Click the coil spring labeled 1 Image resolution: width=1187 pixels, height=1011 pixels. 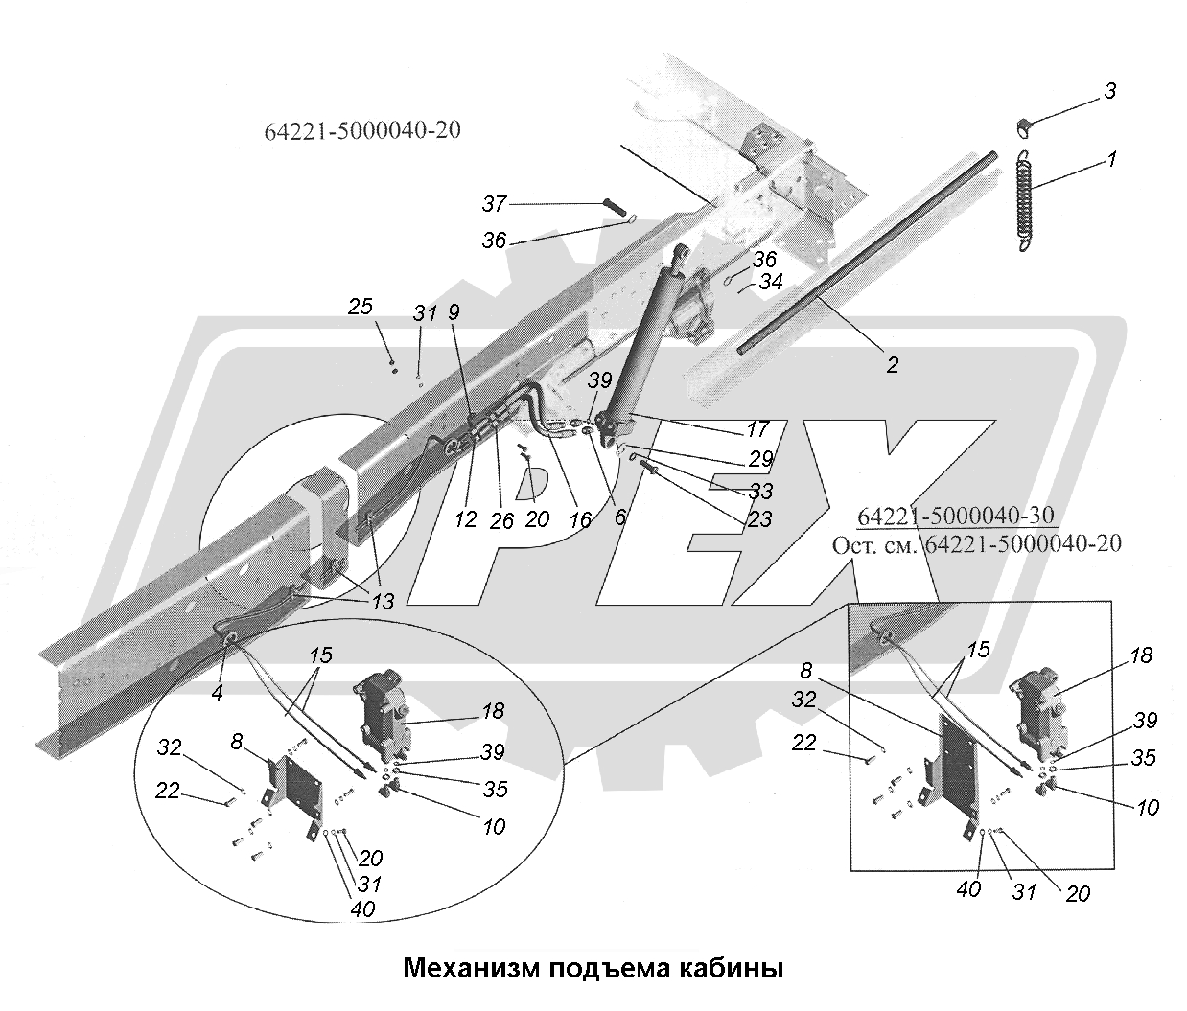coord(1024,201)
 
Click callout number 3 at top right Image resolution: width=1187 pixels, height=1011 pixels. coord(1109,92)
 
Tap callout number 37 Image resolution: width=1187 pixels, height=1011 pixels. coord(495,204)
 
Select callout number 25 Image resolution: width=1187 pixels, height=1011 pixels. coord(361,308)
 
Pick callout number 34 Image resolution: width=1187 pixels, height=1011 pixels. coord(772,283)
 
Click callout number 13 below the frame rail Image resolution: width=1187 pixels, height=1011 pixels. coord(383,602)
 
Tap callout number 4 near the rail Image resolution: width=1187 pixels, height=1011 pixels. coord(218,692)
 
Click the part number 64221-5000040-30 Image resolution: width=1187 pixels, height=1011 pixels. coord(957,516)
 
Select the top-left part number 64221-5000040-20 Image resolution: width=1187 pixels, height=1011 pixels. coord(361,129)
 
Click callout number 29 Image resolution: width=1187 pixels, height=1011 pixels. coord(760,460)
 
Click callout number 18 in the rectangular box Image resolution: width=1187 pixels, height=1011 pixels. coord(1141,656)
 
